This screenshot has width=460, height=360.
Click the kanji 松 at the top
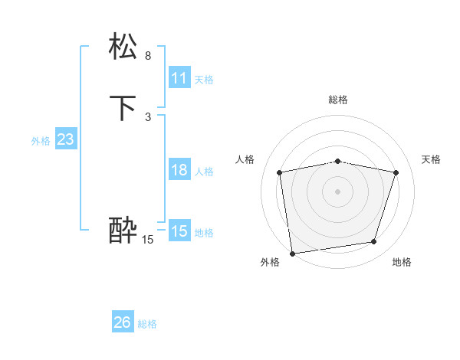[123, 47]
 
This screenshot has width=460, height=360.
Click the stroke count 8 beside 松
[148, 56]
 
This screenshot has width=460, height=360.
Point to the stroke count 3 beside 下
[148, 116]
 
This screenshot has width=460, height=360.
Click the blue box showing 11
[179, 78]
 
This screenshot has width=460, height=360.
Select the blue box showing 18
[179, 170]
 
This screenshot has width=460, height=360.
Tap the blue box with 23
[65, 139]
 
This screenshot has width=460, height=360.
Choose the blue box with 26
[123, 322]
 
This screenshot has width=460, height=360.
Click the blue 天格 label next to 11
[204, 80]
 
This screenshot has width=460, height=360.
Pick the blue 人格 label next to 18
[204, 172]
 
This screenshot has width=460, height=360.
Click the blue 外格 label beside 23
[41, 141]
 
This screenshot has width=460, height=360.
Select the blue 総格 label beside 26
[147, 324]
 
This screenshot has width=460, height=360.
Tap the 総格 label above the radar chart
[338, 100]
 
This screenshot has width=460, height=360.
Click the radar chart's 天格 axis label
[431, 159]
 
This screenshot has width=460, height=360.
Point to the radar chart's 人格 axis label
[245, 159]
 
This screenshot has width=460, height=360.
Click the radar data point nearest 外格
[292, 252]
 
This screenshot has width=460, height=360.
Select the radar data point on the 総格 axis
[338, 161]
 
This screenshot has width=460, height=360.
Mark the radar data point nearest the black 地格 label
[374, 242]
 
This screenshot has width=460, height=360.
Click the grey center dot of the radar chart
[338, 191]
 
